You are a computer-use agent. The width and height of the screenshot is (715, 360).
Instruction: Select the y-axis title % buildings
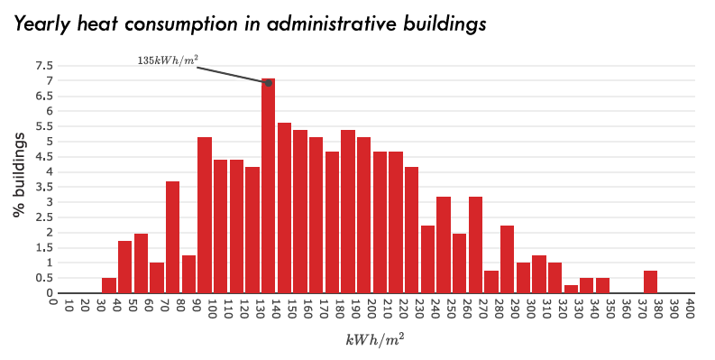click(x=19, y=173)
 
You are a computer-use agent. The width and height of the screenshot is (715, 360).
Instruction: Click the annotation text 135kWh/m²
click(x=168, y=60)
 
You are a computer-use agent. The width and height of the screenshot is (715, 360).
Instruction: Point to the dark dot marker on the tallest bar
click(x=269, y=83)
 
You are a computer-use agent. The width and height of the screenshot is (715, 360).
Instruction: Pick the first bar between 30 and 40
click(x=109, y=286)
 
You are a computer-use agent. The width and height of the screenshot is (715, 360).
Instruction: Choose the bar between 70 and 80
click(x=172, y=237)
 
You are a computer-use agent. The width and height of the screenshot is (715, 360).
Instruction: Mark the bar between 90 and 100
click(x=205, y=216)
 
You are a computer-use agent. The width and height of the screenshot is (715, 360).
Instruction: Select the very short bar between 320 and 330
click(x=571, y=290)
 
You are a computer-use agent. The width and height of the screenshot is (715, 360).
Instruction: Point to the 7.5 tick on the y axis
click(x=44, y=66)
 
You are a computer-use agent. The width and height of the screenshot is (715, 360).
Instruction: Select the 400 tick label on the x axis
click(x=690, y=309)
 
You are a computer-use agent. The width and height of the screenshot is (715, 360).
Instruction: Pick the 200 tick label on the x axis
click(x=371, y=309)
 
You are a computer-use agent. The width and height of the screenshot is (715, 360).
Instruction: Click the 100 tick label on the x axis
click(x=213, y=309)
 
